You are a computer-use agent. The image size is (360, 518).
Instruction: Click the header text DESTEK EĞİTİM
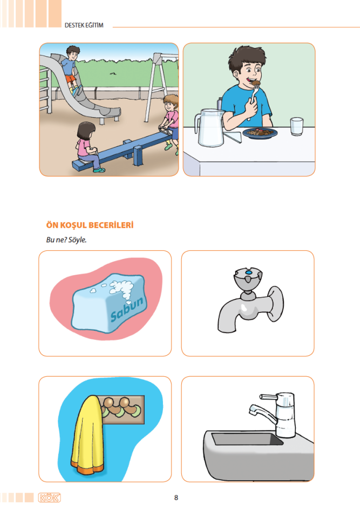pos(84,25)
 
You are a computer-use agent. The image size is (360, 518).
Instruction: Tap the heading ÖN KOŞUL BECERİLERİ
pos(90,226)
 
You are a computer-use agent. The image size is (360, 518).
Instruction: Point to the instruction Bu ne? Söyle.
pos(66,240)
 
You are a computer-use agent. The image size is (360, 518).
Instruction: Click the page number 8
pos(176,497)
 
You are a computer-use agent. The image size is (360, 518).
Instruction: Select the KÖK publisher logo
pos(50,497)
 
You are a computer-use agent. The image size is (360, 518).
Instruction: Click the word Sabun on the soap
pos(127,309)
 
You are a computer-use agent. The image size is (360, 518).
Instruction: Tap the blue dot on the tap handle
pos(249,272)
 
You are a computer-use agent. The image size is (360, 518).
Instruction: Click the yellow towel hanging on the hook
pos(87,433)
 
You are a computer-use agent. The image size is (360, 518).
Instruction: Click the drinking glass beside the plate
pos(296,126)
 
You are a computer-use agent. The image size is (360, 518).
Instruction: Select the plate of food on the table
pos(260,133)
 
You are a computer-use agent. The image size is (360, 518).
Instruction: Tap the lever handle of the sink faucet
pos(268,396)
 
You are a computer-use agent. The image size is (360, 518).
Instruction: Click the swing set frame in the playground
pos(161,86)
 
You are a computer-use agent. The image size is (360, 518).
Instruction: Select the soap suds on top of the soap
pos(121,288)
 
